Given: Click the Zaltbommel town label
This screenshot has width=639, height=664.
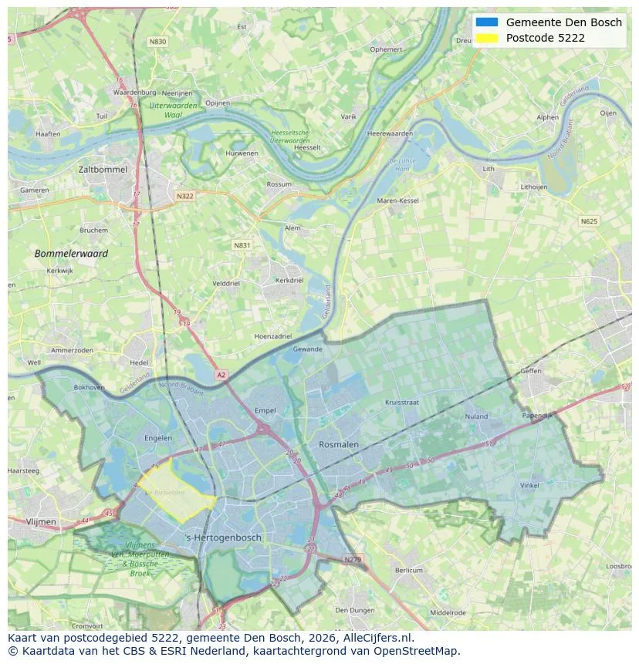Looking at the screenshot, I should click(x=103, y=169).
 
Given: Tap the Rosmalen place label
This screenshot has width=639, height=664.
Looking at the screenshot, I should click(x=339, y=445).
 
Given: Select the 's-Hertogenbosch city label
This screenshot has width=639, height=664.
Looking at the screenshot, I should click(x=224, y=538).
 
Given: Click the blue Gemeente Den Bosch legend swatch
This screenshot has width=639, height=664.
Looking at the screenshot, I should click(x=487, y=22).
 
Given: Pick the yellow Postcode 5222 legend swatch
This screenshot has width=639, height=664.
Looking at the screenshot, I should click(x=487, y=38).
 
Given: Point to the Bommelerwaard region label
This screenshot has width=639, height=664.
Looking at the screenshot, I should click(x=71, y=253).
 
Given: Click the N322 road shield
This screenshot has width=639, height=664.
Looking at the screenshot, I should click(x=184, y=196).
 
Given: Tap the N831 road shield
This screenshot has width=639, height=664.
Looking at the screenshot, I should click(x=242, y=245).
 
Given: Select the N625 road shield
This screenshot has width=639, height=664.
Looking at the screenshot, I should click(x=589, y=221).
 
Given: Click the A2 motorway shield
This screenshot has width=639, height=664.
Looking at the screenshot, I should click(x=221, y=375).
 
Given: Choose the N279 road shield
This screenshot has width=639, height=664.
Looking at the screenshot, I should click(x=352, y=559).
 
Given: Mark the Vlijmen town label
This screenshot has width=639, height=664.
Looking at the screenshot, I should click(x=41, y=522).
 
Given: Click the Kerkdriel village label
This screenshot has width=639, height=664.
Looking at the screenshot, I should click(x=289, y=281).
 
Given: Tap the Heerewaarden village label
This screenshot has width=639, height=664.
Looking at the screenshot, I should click(x=390, y=133).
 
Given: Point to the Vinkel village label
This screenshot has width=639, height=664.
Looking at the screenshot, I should click(x=529, y=485).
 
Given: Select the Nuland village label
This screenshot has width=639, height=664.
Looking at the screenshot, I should click(x=476, y=416).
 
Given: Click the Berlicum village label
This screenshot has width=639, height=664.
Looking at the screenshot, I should click(x=409, y=570).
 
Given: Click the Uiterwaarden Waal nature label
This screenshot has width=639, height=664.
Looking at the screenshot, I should click(x=173, y=109).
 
